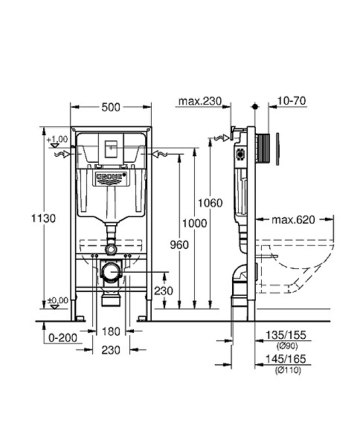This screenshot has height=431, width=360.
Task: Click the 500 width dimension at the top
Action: (x=110, y=107)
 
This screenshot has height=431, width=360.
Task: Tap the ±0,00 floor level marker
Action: (x=57, y=300)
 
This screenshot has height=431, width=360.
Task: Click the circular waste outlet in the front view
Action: (x=110, y=273)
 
